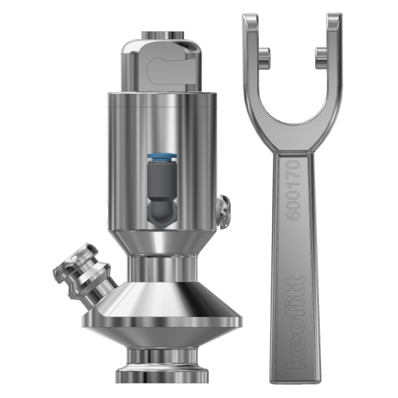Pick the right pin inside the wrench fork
[321, 55]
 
